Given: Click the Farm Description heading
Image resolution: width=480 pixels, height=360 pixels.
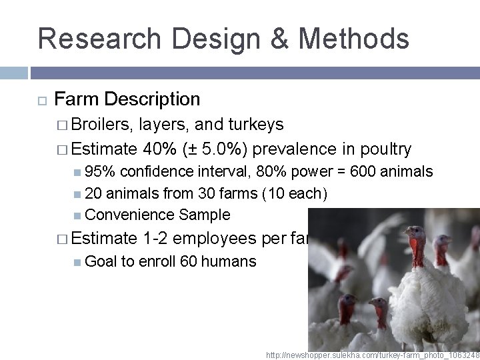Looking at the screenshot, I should [127, 99].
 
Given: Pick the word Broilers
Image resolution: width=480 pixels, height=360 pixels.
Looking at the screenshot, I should [103, 125].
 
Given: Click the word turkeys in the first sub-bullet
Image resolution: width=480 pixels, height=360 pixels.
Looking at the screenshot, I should [256, 125].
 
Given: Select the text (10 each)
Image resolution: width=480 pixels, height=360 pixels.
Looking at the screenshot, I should [296, 193].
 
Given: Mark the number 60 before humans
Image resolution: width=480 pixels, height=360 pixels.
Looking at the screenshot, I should [189, 261].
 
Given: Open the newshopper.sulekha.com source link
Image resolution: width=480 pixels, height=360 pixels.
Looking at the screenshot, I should [372, 353].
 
